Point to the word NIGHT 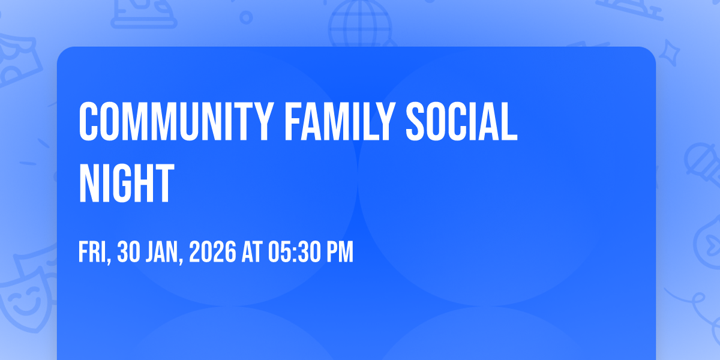click(127, 182)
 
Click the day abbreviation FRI click(92, 252)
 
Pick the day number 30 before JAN click(128, 252)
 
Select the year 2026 click(213, 252)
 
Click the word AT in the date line click(252, 252)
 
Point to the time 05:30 click(295, 252)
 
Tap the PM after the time click(340, 252)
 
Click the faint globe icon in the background click(361, 23)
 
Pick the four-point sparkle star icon click(670, 53)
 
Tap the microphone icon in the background click(703, 164)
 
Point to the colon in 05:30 click(295, 253)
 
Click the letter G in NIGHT click(127, 182)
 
